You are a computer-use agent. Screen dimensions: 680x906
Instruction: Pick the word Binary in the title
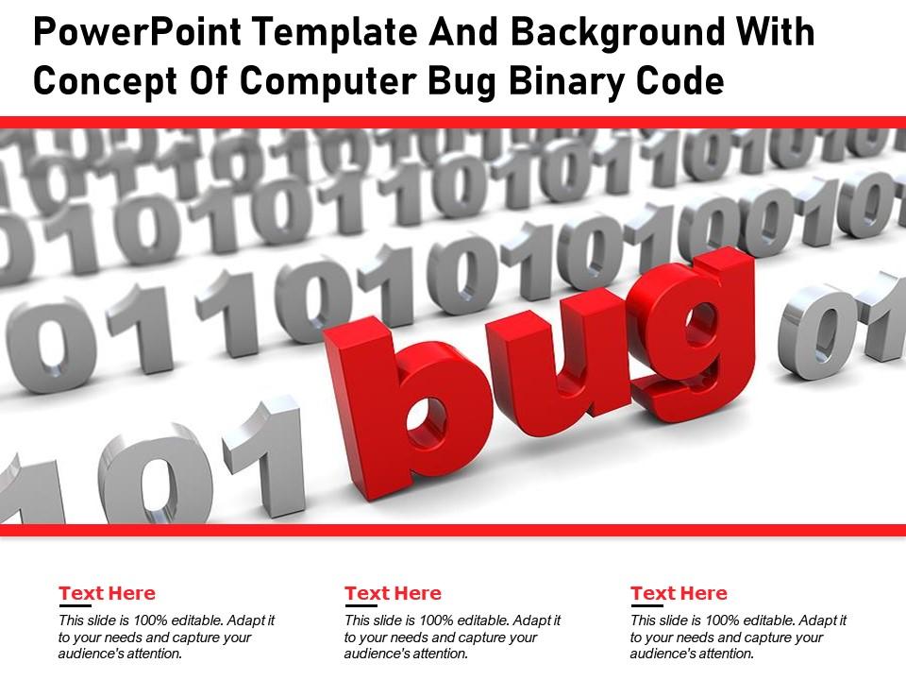[561, 82]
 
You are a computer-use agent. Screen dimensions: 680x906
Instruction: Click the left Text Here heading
[107, 593]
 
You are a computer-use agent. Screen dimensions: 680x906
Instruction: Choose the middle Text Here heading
[393, 593]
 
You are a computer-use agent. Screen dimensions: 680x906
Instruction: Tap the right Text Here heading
[679, 593]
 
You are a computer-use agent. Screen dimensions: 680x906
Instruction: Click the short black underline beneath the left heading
[74, 605]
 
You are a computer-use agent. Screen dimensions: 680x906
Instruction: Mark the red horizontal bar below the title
[453, 122]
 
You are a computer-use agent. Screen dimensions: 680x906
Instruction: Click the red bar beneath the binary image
[453, 530]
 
